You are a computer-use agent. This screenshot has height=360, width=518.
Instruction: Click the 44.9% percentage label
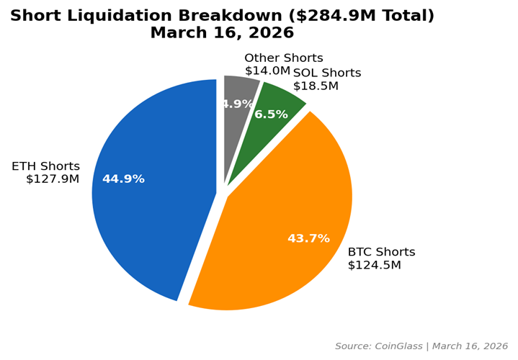123,179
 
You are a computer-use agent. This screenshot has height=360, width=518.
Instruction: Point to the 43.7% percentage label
308,238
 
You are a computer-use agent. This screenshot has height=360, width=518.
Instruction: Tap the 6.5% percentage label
271,114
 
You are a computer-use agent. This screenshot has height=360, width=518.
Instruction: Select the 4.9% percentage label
237,104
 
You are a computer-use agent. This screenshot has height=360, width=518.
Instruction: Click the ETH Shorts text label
45,166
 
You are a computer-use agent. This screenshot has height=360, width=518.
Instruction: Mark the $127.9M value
53,179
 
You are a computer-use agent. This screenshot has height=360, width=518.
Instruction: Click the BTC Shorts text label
381,252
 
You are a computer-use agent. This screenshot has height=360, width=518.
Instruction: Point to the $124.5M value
374,265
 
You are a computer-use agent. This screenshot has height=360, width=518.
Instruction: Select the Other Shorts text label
284,58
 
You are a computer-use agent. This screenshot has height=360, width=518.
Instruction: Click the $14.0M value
267,71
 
